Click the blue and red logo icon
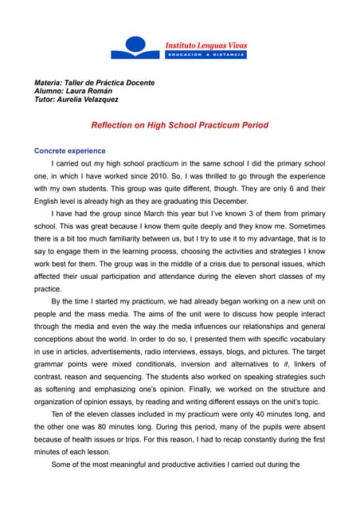pos(136,47)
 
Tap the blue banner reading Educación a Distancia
pos(205,55)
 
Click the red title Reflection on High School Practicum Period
pos(180,125)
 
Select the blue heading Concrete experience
pos(69,151)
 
